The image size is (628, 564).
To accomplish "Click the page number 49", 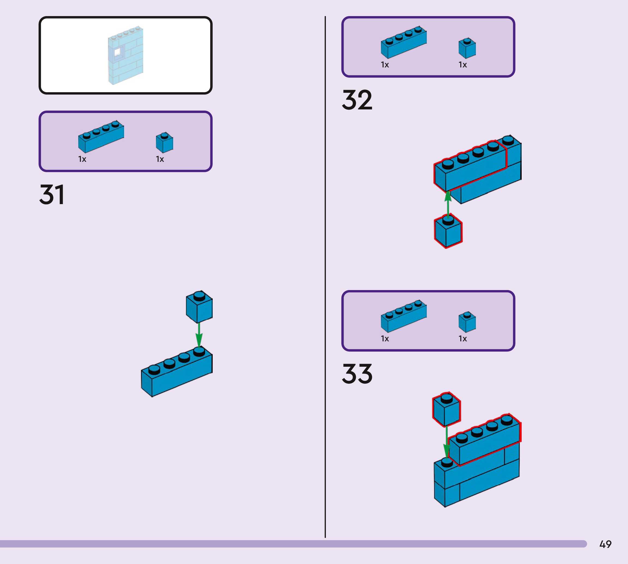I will pos(605,544).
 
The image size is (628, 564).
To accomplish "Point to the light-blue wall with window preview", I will pos(125,55).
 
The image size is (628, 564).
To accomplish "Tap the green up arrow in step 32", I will pos(448,205).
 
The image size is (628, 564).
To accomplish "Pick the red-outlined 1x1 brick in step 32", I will pos(448,231).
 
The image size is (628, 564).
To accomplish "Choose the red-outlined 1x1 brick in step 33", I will pos(446,409).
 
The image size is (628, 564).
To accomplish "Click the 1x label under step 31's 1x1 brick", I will pos(160,159).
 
